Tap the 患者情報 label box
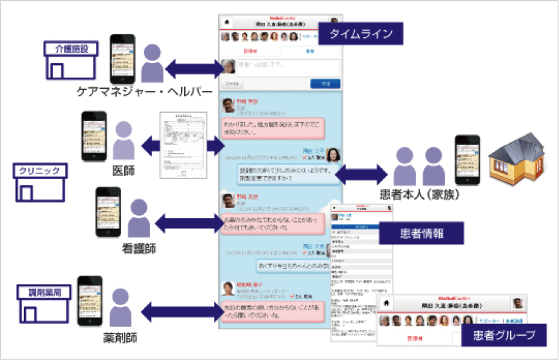[x=421, y=234]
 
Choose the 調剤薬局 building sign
[x=41, y=292]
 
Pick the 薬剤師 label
[x=120, y=339]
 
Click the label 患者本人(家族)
[x=420, y=195]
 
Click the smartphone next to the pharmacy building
[x=89, y=301]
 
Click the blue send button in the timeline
[x=326, y=83]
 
